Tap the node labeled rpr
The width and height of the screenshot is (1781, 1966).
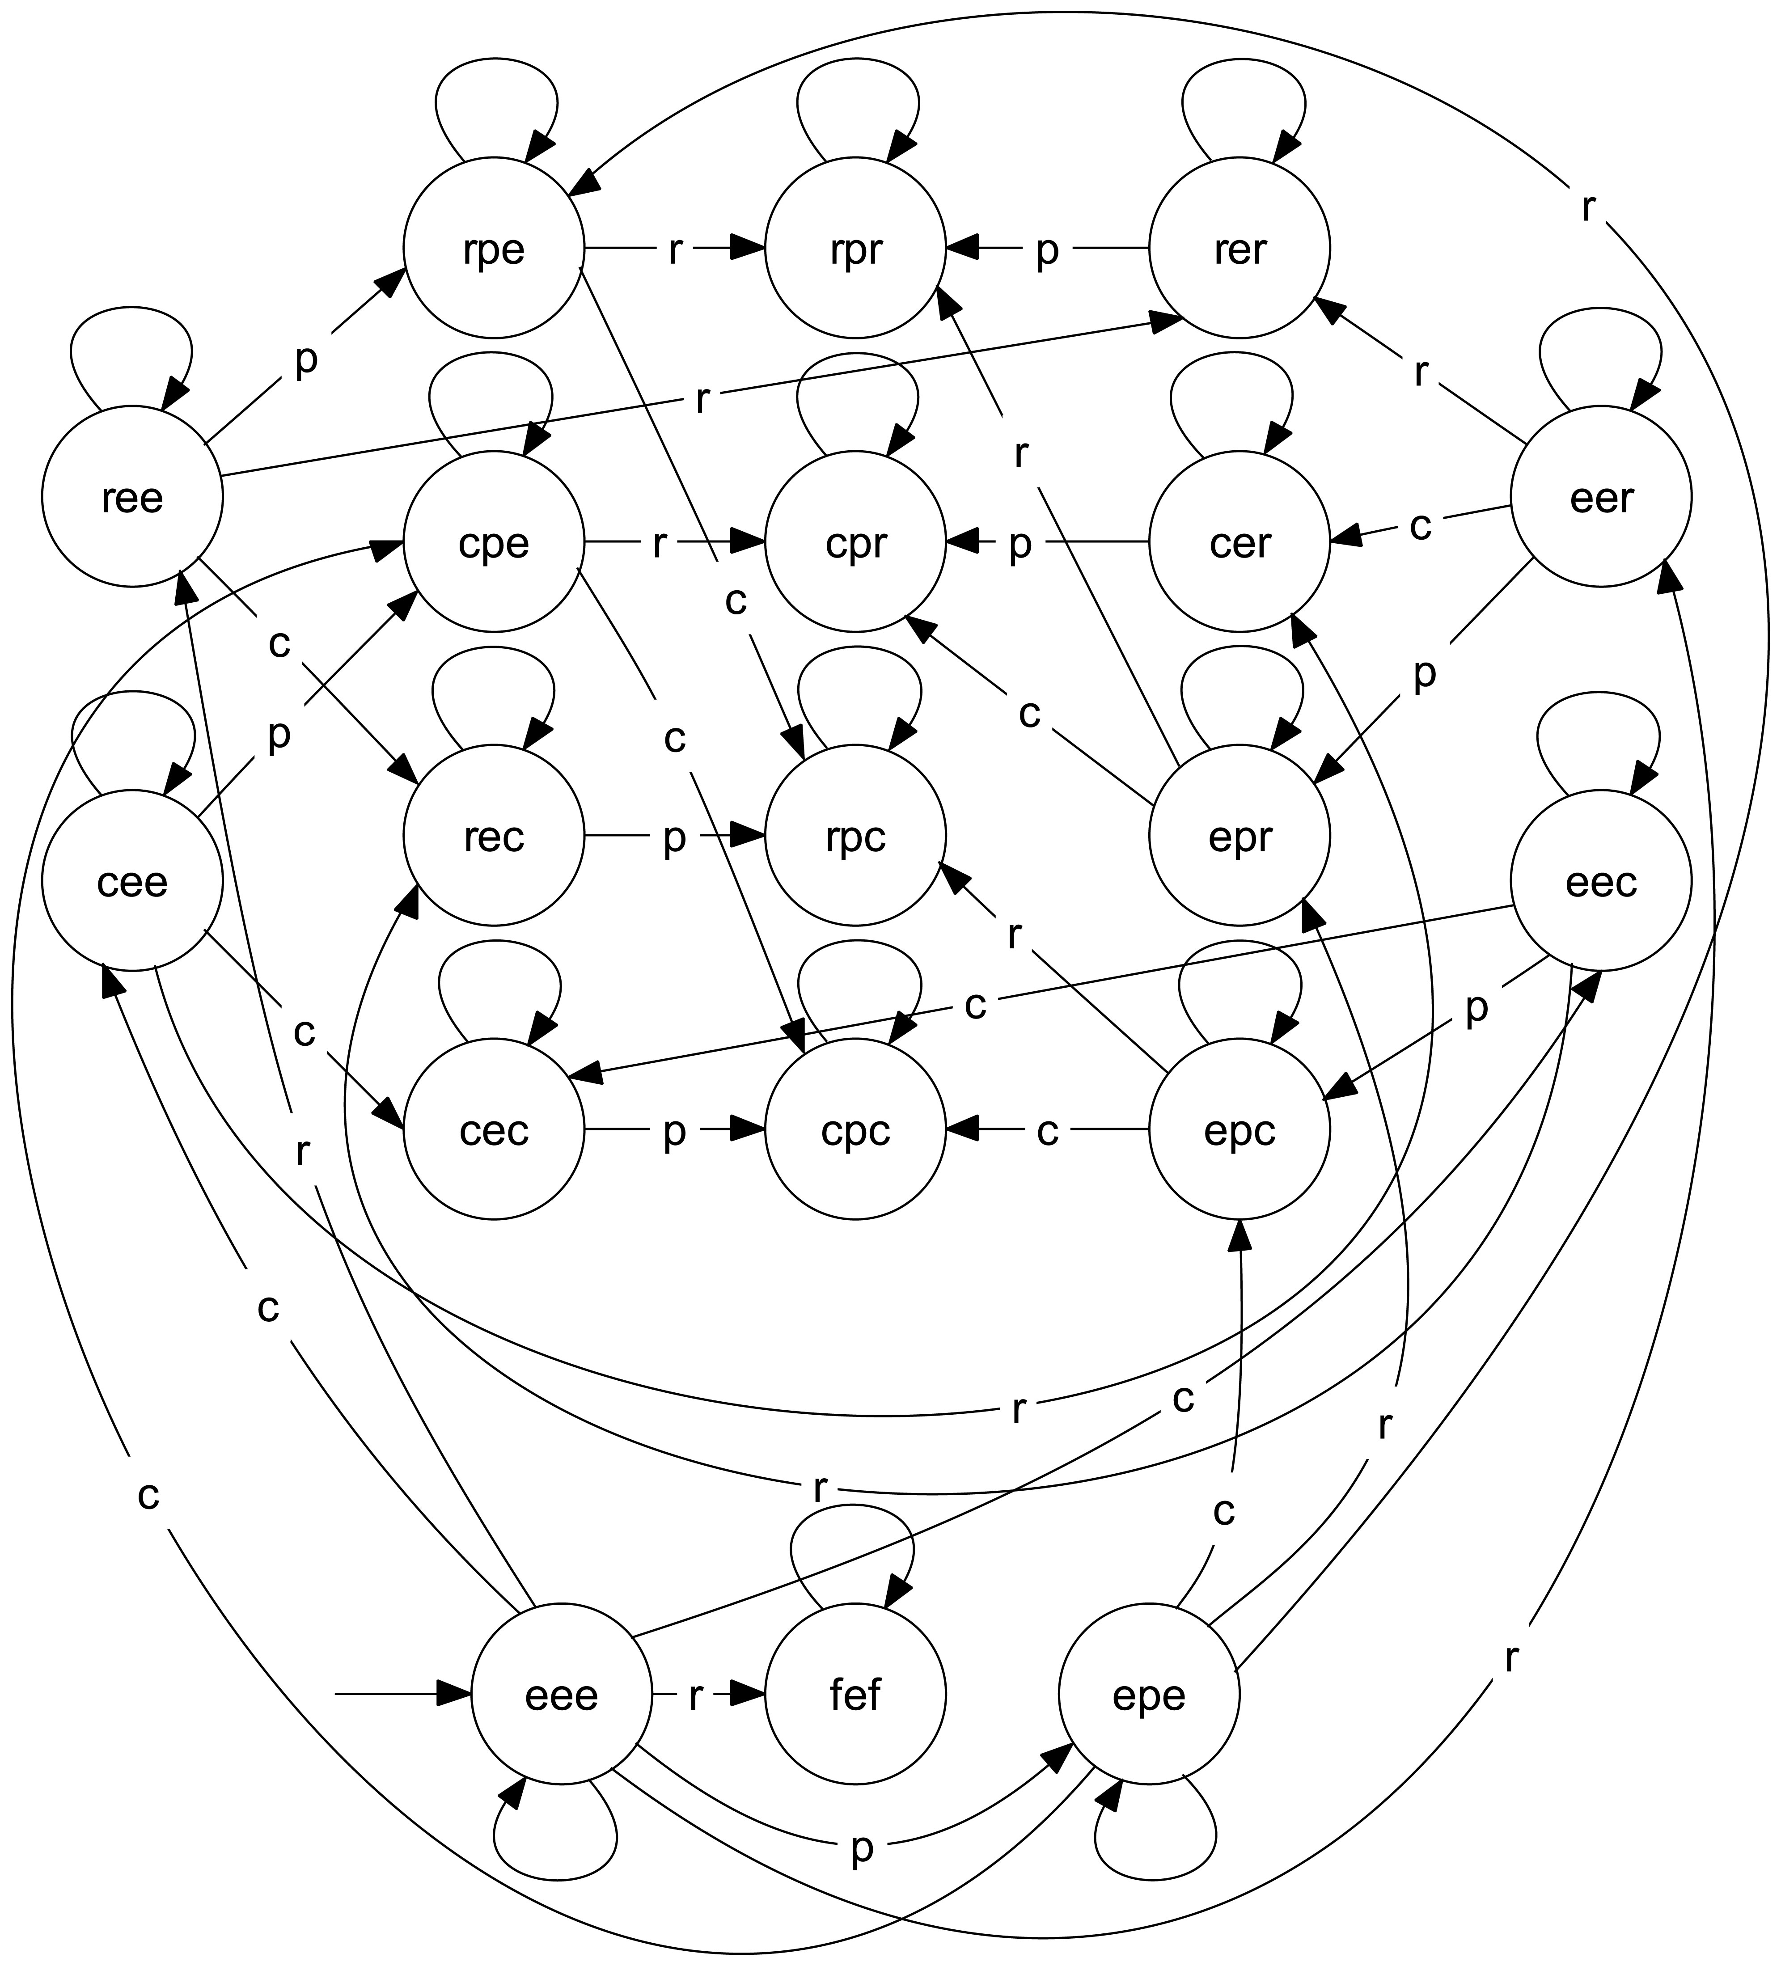point(855,249)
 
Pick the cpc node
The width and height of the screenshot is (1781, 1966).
point(855,1129)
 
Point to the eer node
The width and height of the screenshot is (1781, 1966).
point(1600,497)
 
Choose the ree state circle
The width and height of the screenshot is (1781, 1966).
point(131,497)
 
